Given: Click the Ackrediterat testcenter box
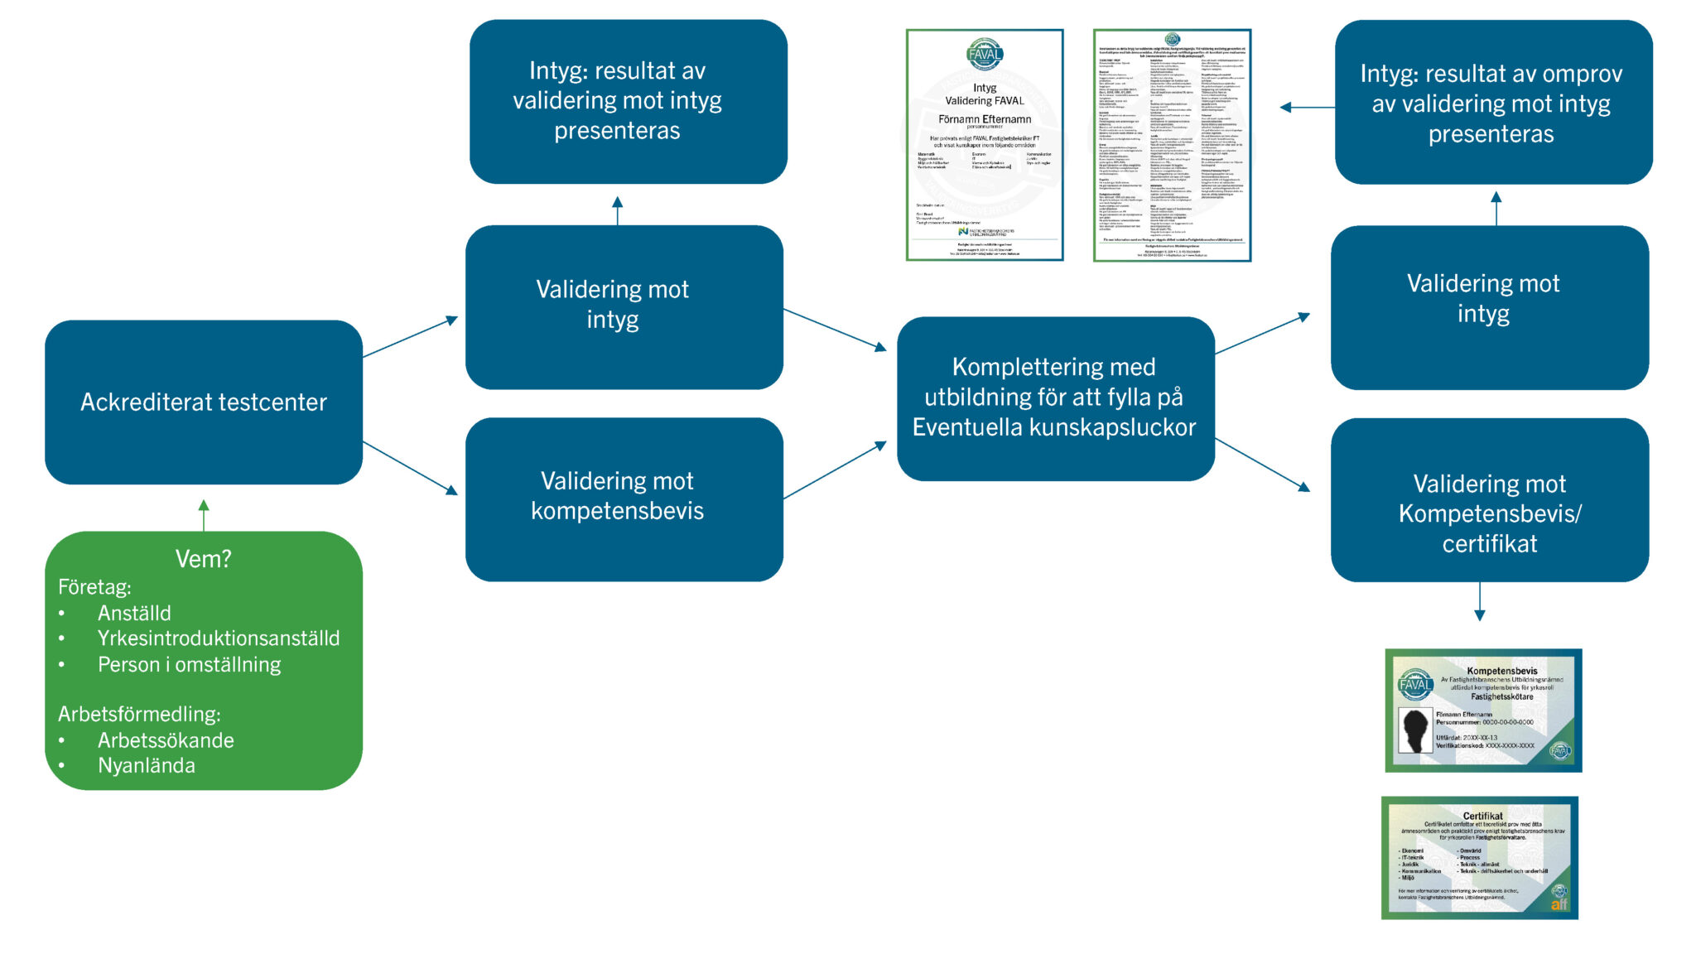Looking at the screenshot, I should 204,402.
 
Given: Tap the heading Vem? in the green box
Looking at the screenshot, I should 203,559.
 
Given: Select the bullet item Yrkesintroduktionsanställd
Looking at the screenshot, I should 219,638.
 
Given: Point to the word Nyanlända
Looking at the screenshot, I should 147,766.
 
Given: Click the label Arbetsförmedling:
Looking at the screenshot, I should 139,714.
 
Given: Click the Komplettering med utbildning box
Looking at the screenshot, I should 1055,398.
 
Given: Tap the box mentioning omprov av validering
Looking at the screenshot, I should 1492,103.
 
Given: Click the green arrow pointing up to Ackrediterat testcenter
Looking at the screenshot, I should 204,514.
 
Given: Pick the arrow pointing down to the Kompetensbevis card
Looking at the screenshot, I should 1480,602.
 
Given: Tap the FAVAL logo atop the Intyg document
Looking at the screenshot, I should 985,55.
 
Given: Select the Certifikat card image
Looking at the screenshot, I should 1480,858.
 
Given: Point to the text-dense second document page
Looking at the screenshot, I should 1172,146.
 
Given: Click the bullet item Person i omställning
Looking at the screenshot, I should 189,665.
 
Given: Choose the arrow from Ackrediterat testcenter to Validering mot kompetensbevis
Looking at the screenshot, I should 411,469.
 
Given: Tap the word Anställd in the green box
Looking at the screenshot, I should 134,614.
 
